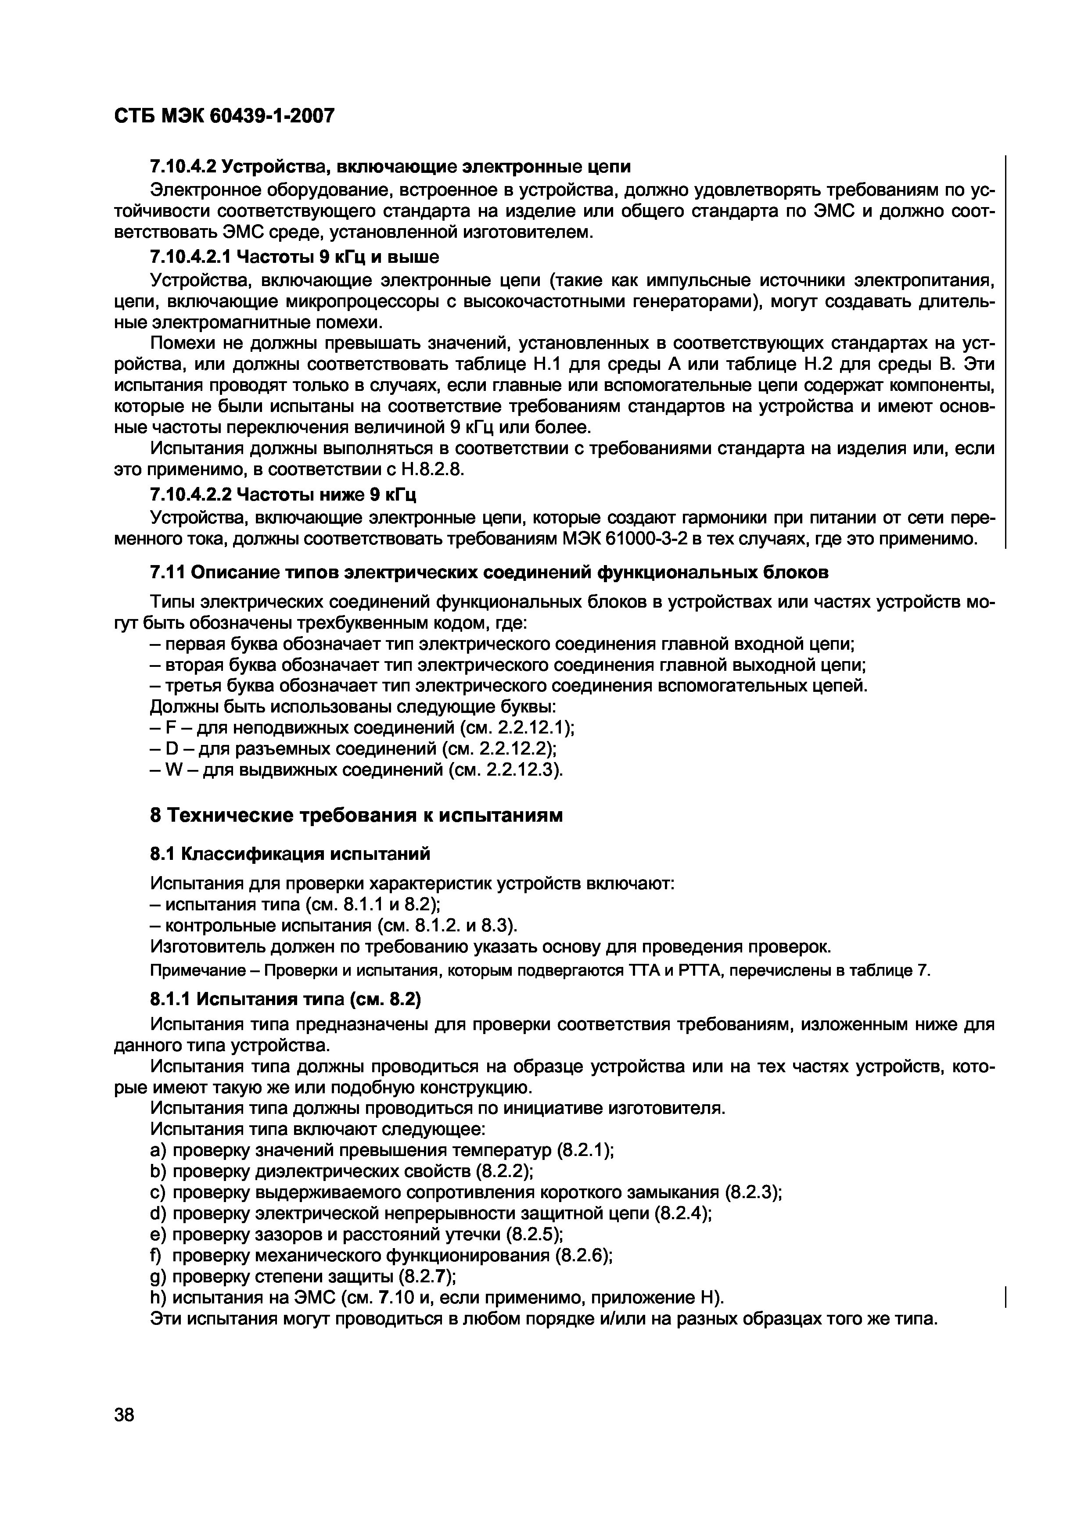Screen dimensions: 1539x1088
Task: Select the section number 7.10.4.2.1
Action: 191,257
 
